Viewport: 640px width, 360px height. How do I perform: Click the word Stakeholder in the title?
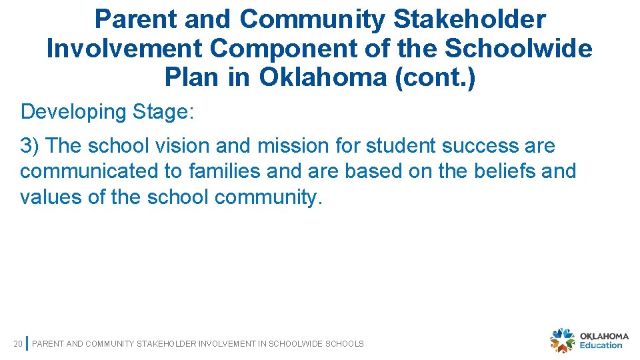click(x=469, y=20)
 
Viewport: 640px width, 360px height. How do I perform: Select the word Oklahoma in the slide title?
click(x=323, y=78)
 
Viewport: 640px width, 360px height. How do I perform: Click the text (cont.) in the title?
click(x=435, y=78)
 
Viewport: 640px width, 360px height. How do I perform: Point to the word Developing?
click(x=73, y=112)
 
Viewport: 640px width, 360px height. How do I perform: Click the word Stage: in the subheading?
click(x=163, y=112)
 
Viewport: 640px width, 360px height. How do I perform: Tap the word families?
click(x=224, y=171)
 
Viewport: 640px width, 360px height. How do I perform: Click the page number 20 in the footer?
click(x=18, y=344)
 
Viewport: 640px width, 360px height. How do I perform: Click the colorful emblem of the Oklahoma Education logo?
click(x=562, y=340)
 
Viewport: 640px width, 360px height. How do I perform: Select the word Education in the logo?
click(x=601, y=345)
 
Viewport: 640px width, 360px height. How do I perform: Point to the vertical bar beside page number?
click(x=26, y=343)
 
